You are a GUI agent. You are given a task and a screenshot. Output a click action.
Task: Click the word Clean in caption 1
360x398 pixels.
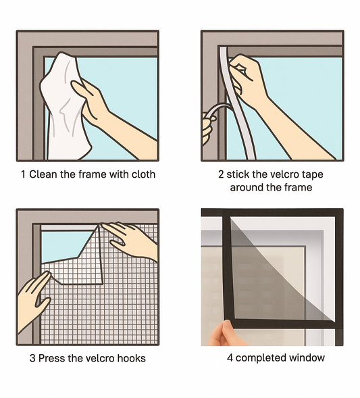[43, 174]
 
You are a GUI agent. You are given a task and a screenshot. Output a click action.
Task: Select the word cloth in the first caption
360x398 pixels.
[143, 174]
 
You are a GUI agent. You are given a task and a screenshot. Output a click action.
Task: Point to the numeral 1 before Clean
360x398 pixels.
[24, 174]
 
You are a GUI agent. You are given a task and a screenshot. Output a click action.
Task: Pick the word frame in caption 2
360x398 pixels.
[298, 188]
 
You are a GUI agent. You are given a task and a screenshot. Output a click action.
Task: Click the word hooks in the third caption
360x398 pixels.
[132, 358]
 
